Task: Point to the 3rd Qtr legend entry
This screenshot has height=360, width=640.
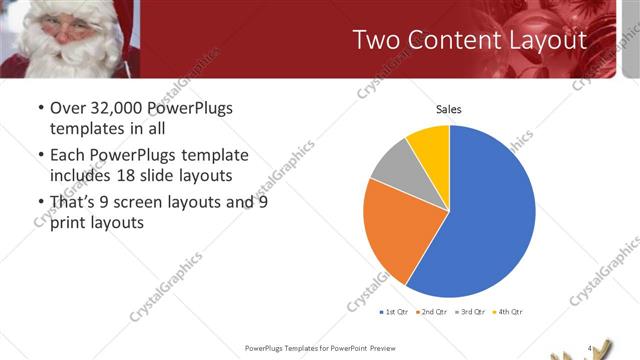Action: click(472, 311)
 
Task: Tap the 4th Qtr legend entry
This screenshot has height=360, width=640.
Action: click(510, 311)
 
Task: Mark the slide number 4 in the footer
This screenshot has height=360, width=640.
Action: click(590, 348)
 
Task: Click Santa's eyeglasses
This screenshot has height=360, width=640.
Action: click(68, 22)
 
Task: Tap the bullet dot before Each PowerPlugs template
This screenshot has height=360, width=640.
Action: click(39, 156)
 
